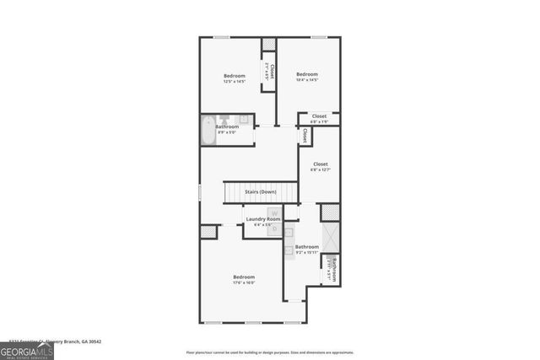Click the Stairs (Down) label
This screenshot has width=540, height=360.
pyautogui.click(x=260, y=192)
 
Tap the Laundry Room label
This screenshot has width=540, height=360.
pyautogui.click(x=262, y=221)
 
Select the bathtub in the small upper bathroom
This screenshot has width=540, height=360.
pyautogui.click(x=208, y=132)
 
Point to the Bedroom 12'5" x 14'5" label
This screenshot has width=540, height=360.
pyautogui.click(x=235, y=78)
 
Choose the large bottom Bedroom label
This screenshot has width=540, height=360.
pyautogui.click(x=244, y=279)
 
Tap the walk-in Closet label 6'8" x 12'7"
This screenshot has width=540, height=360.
pyautogui.click(x=320, y=166)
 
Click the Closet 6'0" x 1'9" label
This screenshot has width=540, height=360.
pyautogui.click(x=319, y=118)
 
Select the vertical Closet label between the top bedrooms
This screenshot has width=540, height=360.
pyautogui.click(x=271, y=72)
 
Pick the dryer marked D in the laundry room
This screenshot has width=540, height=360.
pyautogui.click(x=274, y=227)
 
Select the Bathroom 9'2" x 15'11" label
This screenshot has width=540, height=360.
pyautogui.click(x=306, y=249)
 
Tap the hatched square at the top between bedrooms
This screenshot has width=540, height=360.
pyautogui.click(x=269, y=44)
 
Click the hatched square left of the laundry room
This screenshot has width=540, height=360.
pyautogui.click(x=208, y=232)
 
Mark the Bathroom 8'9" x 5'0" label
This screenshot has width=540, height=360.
pyautogui.click(x=227, y=129)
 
